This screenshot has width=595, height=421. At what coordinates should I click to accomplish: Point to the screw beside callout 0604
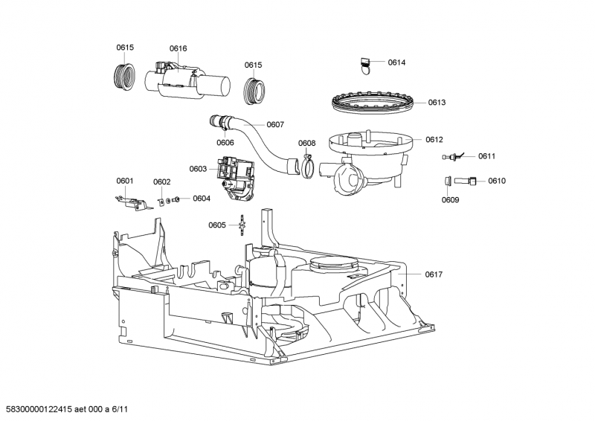(x=175, y=199)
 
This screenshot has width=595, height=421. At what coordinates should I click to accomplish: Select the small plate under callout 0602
(x=162, y=199)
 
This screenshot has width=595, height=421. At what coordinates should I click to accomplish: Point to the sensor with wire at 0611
(x=454, y=156)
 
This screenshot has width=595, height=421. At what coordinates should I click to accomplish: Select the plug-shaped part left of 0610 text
(x=466, y=181)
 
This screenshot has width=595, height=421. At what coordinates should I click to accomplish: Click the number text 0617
(x=434, y=275)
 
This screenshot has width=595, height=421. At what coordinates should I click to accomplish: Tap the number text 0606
(x=225, y=143)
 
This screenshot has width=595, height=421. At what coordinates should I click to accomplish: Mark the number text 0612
(x=434, y=139)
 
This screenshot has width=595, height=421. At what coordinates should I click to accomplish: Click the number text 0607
(x=275, y=124)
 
